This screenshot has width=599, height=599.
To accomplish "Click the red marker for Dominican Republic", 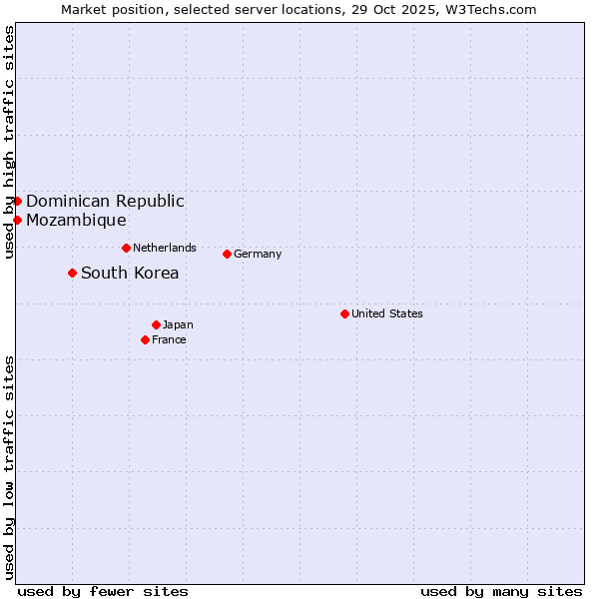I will click(x=17, y=201).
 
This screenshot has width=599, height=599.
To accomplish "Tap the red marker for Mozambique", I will click(x=17, y=220).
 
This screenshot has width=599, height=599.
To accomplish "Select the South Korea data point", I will click(x=72, y=273).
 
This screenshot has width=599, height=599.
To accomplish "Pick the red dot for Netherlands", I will click(x=126, y=248).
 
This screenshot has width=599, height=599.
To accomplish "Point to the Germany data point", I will click(x=227, y=254).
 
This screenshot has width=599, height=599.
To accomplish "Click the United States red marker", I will click(x=344, y=313).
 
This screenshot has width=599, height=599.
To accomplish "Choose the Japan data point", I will click(x=156, y=324).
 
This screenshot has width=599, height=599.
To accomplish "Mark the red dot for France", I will click(x=145, y=339).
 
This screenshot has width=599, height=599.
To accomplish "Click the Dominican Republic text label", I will click(x=105, y=201).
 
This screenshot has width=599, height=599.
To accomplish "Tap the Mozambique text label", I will click(x=76, y=220).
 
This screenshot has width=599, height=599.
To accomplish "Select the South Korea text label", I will click(x=130, y=273).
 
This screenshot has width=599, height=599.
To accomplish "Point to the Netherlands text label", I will click(x=165, y=248).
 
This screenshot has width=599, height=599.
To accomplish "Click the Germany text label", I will click(x=258, y=254).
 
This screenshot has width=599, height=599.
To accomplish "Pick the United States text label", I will click(x=387, y=313).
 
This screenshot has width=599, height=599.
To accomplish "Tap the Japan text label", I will click(x=178, y=324).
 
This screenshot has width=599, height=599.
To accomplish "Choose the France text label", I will click(x=169, y=339).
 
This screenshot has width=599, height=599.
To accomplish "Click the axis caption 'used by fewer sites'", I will click(x=103, y=591).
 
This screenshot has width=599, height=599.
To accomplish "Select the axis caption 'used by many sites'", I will click(x=501, y=591).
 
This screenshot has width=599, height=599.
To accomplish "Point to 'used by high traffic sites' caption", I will click(x=9, y=142).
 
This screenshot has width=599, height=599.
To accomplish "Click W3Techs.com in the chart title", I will click(x=490, y=9).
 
